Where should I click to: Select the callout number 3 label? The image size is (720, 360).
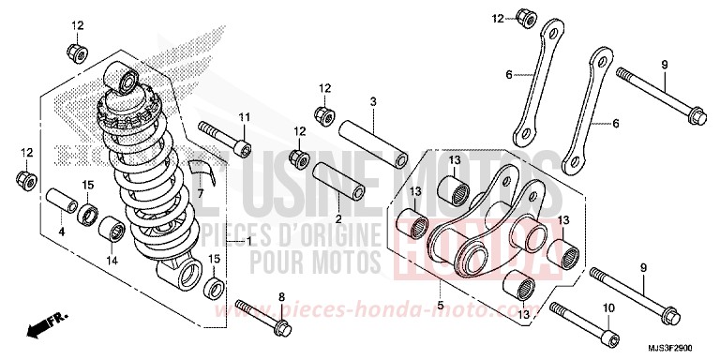pos(372,100)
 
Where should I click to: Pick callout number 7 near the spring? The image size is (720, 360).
pos(199,192)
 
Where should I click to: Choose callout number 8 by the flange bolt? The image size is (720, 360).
pos(279,297)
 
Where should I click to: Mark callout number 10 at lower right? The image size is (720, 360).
pos(607,307)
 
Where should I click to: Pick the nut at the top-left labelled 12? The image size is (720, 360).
pos(76,49)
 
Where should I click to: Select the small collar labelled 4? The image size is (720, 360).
pos(61,203)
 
